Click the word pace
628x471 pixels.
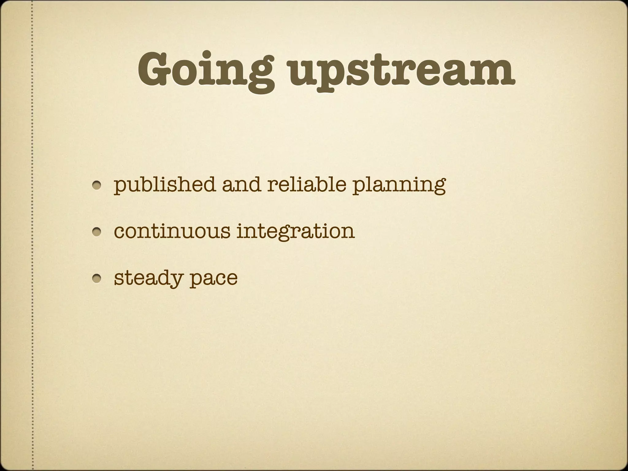click(213, 279)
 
